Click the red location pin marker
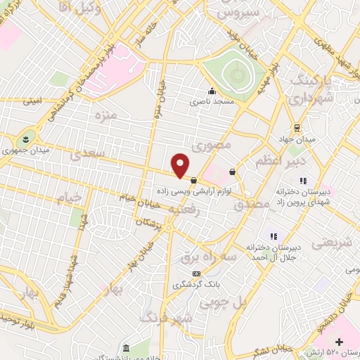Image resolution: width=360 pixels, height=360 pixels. [181, 165]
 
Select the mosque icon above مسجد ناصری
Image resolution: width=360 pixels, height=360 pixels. [211, 91]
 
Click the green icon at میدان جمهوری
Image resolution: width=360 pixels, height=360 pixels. [26, 137]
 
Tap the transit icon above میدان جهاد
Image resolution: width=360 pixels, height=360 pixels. [297, 128]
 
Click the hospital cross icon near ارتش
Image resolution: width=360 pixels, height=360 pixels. [340, 341]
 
